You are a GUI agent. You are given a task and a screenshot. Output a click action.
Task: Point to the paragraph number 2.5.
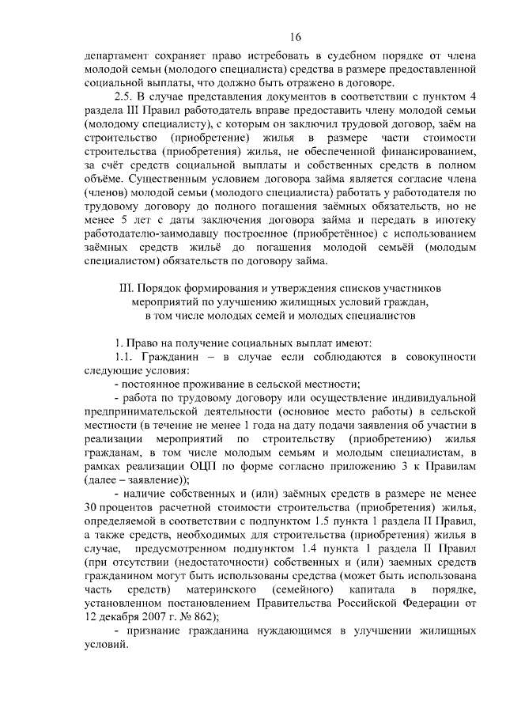pyautogui.click(x=125, y=96)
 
